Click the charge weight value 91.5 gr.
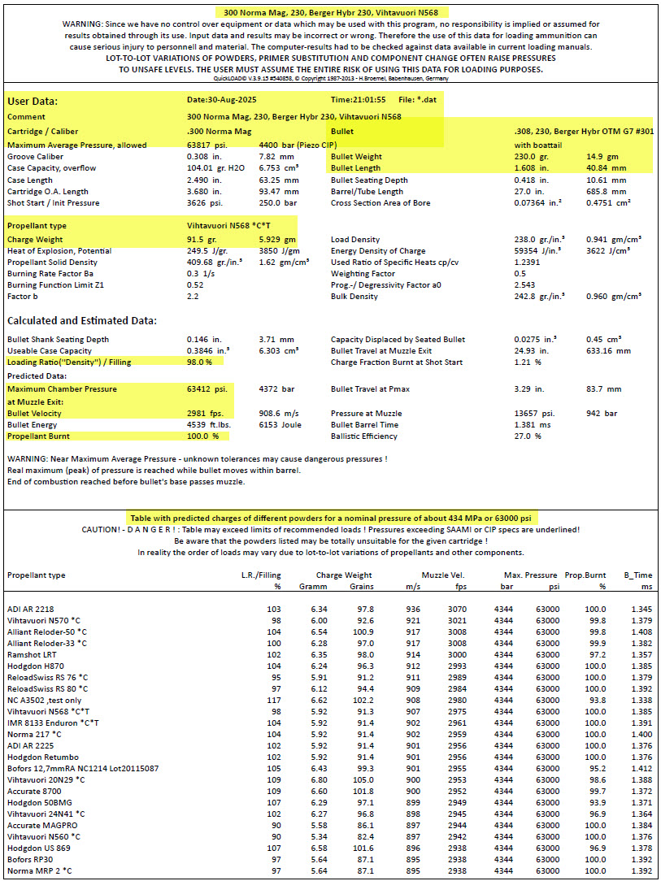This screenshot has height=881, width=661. click(x=202, y=240)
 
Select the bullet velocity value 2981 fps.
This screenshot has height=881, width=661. click(x=204, y=413)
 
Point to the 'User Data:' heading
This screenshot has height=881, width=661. click(x=33, y=102)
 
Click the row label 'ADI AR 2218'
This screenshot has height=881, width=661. click(x=32, y=609)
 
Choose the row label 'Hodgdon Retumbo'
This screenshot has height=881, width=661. click(x=41, y=757)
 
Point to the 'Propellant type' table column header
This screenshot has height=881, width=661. click(x=37, y=575)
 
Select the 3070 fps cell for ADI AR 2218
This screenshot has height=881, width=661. click(x=459, y=609)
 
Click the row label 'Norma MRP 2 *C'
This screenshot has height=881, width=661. click(x=38, y=870)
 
